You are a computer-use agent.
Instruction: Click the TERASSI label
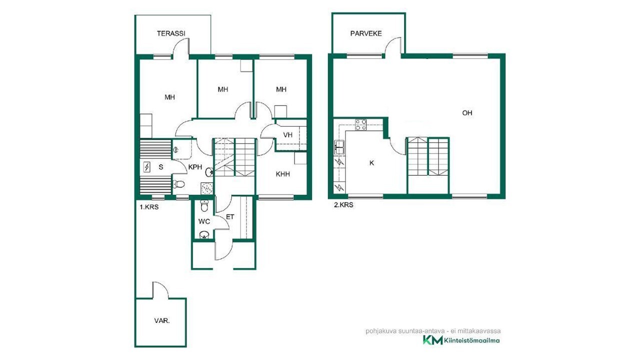click(171, 33)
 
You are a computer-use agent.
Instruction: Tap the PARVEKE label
click(366, 33)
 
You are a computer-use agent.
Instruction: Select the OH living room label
click(467, 113)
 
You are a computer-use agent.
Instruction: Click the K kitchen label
click(371, 163)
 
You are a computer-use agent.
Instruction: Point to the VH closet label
click(287, 135)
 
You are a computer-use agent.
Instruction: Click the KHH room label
click(283, 174)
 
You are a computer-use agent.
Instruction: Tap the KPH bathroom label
click(195, 167)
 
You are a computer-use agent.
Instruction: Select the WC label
click(204, 221)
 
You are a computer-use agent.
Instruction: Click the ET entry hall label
click(230, 217)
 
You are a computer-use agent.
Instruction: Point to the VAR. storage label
click(162, 321)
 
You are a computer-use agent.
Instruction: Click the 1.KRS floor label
click(149, 207)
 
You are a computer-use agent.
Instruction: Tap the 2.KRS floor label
click(343, 205)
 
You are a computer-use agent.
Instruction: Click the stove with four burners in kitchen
click(361, 125)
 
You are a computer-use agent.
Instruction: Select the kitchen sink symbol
click(339, 147)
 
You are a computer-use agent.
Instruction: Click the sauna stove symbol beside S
click(147, 167)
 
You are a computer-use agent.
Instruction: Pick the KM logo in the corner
click(432, 340)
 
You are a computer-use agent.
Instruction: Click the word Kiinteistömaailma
click(472, 340)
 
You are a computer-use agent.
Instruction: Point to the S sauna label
click(161, 167)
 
